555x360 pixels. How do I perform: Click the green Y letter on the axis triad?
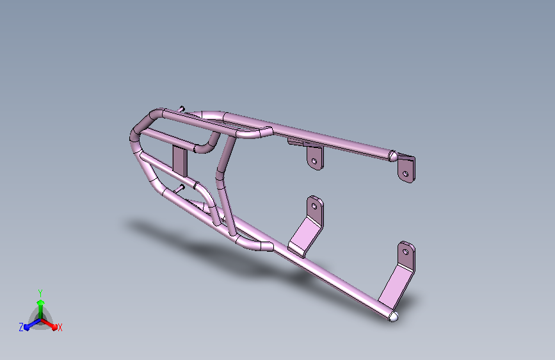[x=40, y=292]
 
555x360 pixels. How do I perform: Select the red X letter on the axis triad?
[x=60, y=327]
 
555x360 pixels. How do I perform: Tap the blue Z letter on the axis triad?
[x=21, y=327]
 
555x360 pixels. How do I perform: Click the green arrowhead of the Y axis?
[x=40, y=302]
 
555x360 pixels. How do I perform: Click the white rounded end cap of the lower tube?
[x=394, y=316]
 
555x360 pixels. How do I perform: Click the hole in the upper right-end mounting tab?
[x=405, y=172]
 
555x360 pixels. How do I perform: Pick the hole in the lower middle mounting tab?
[x=314, y=207]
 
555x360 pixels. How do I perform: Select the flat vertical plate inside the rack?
[x=179, y=160]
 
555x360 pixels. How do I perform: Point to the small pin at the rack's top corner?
[x=182, y=108]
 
